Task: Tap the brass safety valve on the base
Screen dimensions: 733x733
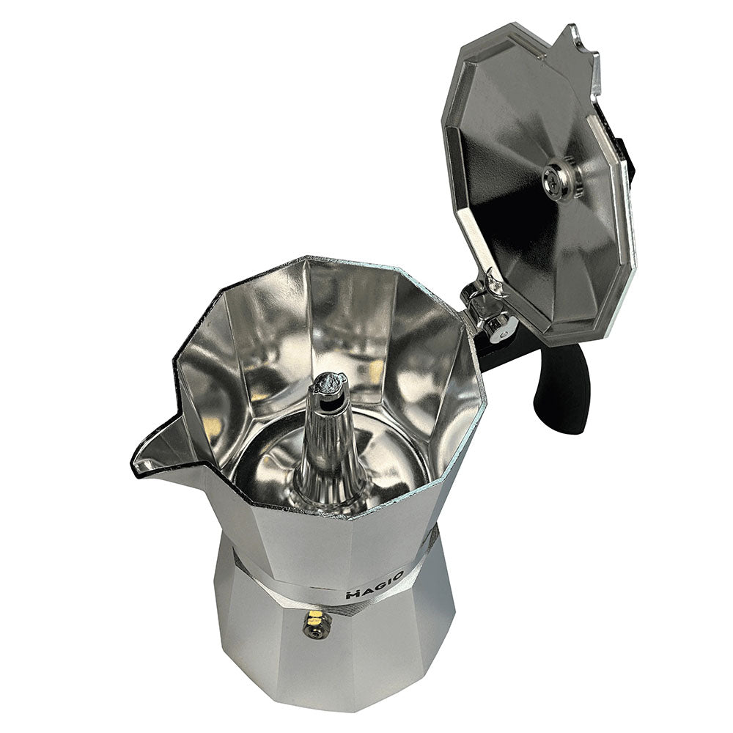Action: coord(317,625)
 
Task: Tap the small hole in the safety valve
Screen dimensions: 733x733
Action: coord(316,627)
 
